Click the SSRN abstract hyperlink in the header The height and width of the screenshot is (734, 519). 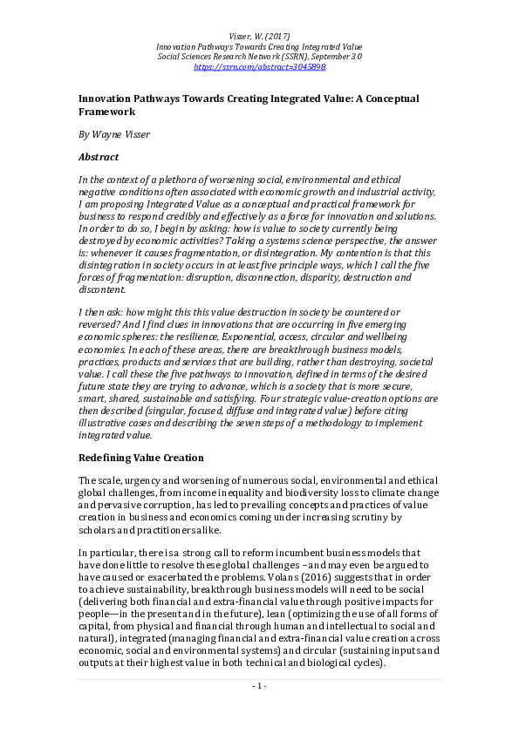coord(259,66)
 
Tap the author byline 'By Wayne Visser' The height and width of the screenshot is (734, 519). coord(114,134)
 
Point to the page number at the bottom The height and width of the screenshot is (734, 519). coord(259,710)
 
